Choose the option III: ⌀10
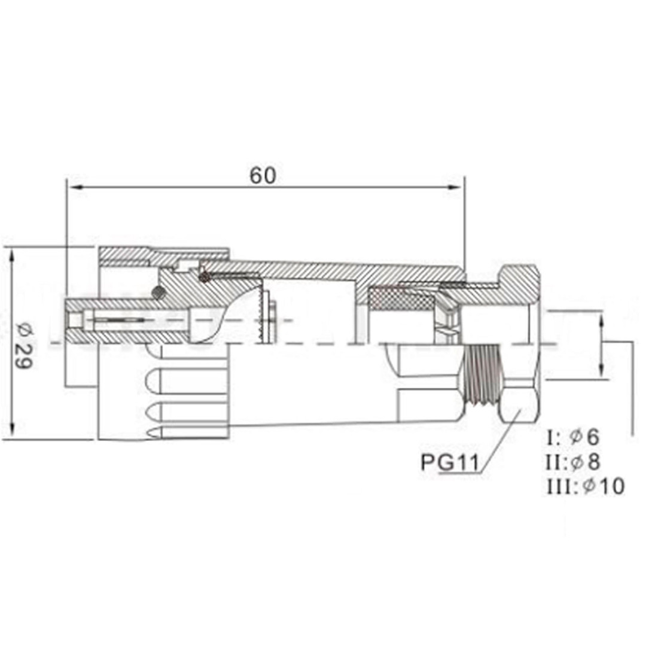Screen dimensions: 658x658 pos(585,486)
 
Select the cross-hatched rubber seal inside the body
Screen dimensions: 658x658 pos(398,297)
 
